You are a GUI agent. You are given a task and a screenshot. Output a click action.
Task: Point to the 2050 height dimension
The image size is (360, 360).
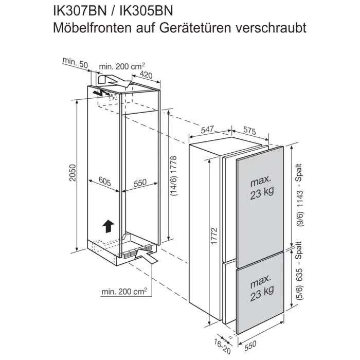click(x=73, y=175)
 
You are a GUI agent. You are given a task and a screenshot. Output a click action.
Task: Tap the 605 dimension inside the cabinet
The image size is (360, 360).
click(x=104, y=182)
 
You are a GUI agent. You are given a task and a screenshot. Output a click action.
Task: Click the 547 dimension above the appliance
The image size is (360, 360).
click(x=207, y=131)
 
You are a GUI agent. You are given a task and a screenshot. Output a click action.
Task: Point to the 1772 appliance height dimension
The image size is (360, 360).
click(x=214, y=237)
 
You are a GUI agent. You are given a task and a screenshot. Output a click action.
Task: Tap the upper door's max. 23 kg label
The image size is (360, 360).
click(x=261, y=188)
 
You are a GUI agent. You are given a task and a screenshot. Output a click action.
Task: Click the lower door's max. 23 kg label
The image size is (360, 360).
click(x=261, y=289)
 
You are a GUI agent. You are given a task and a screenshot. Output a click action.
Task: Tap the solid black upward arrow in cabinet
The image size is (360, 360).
click(x=107, y=225)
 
